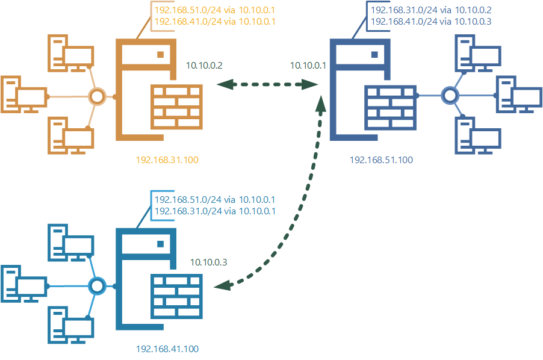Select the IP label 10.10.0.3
point(209,262)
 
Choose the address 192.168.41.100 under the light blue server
point(167,349)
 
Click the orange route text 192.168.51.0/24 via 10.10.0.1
point(215,10)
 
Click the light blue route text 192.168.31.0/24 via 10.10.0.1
point(215,211)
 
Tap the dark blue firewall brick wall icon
point(390,107)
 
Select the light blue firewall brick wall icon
point(176,296)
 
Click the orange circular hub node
point(97,96)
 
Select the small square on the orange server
point(161,54)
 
